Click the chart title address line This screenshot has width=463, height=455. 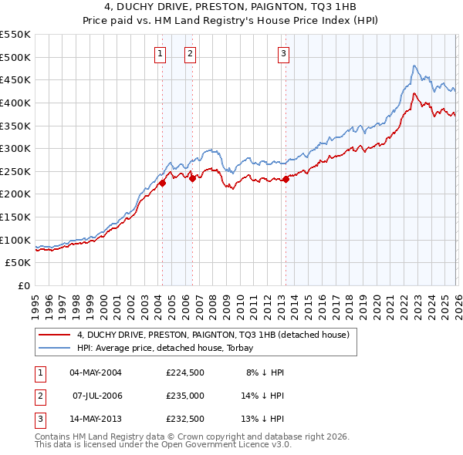[231, 7]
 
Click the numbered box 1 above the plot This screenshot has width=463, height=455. [160, 53]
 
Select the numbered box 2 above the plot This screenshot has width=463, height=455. [190, 53]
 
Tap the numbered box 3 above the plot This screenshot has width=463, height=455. [283, 53]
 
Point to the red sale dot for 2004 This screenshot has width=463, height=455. [163, 183]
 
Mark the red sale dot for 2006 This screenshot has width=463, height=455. [192, 178]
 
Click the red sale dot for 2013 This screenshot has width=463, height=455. [286, 179]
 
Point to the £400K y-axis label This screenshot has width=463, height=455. [15, 103]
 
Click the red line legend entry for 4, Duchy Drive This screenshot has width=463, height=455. [213, 335]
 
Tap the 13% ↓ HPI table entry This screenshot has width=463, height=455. [263, 419]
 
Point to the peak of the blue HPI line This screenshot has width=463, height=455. [414, 66]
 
